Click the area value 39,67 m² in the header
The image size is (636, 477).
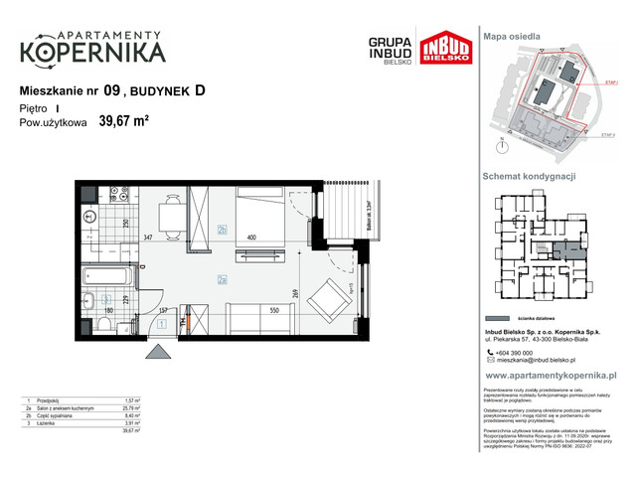pos(123,123)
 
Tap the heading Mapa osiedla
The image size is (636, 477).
pos(512,36)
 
